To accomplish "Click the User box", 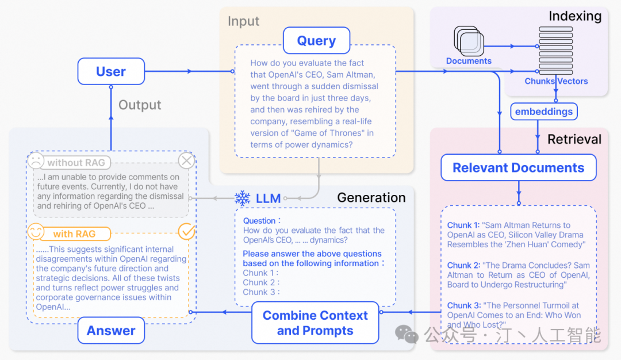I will pos(111,71).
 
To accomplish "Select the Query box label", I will pos(316,41).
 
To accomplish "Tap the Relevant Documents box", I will pos(518,168).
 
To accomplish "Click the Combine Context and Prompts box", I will pos(315,323).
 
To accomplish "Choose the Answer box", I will pos(111,331).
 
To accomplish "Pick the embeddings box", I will pos(543,112).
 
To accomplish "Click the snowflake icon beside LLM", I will pos(242,198).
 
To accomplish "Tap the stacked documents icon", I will pos(469,41).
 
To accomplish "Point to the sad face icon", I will pos(36,160).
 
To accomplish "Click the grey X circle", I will pos(187,160).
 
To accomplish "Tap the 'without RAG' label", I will pos(76,163).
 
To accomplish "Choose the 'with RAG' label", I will pos(74,234).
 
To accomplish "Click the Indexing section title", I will pos(574,16).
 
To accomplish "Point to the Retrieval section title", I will pos(574,139).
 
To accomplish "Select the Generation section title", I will pos(371,198).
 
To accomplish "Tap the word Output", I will pos(140,105).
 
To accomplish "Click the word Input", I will pos(243,21).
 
